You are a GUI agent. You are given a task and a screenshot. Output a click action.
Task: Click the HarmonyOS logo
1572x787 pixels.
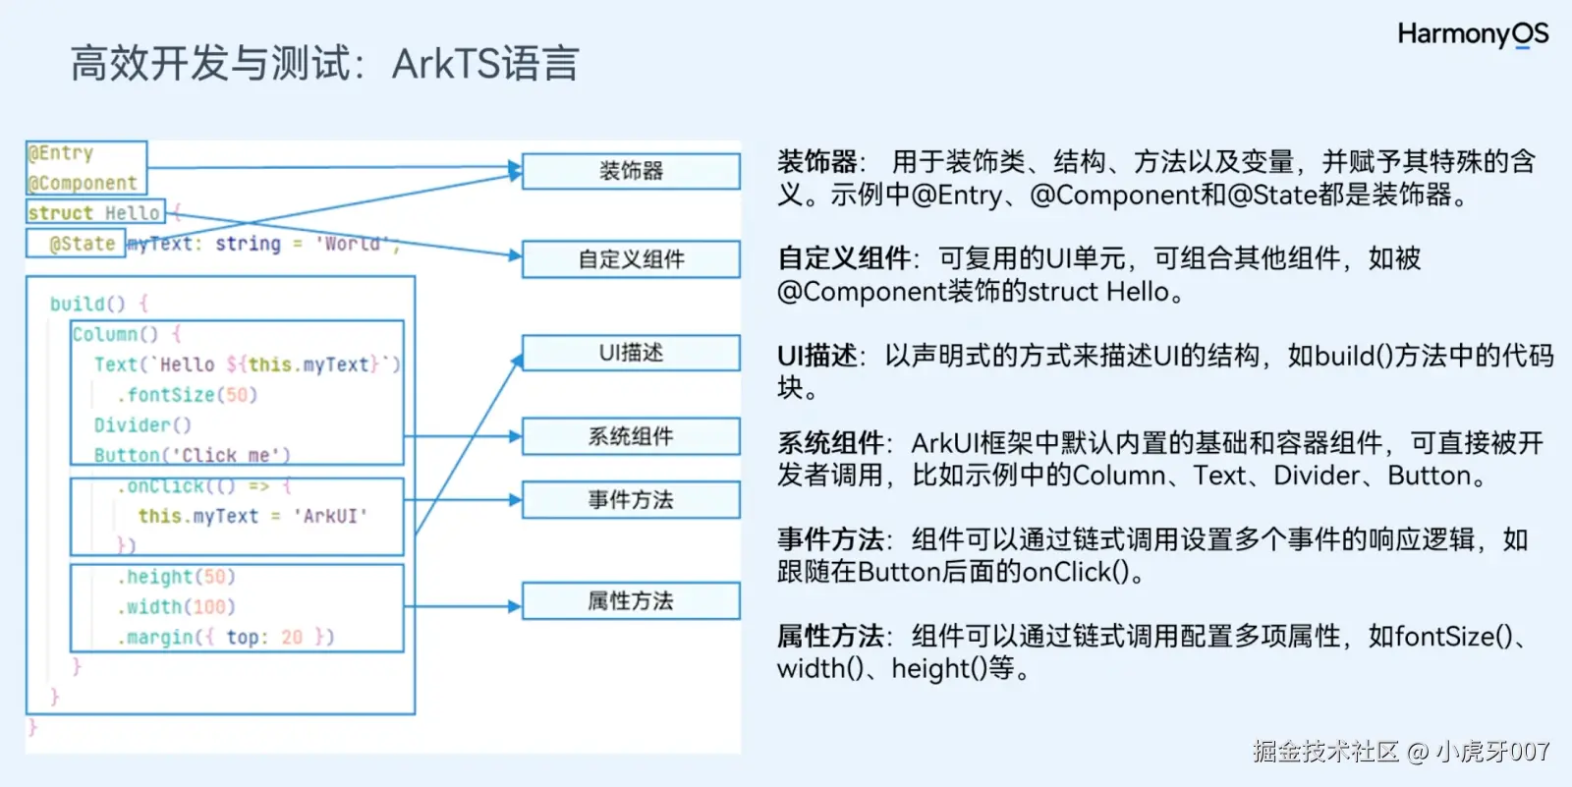coord(1472,34)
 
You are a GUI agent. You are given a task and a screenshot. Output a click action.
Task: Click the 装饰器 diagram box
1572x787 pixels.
coord(631,171)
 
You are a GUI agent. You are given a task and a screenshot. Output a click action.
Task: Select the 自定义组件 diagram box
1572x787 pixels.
coord(631,259)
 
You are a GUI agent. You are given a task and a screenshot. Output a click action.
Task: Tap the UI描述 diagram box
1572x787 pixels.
coord(631,353)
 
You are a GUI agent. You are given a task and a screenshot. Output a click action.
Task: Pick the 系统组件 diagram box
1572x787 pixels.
coord(631,436)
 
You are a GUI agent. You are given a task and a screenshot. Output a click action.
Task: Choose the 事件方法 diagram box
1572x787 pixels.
coord(631,500)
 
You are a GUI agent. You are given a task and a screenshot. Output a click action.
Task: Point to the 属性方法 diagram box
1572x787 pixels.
coord(631,601)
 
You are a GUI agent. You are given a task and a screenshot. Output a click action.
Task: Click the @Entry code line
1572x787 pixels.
coord(61,153)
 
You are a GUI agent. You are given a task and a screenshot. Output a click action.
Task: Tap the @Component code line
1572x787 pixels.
coord(83,183)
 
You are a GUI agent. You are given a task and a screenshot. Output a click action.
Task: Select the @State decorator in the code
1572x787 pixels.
coord(83,244)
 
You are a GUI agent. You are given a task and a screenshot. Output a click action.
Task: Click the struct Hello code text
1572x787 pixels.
coord(93,213)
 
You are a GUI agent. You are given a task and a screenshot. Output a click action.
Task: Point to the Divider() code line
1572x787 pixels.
coord(142,425)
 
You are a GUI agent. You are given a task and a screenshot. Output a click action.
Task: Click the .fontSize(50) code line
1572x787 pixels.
coord(187,395)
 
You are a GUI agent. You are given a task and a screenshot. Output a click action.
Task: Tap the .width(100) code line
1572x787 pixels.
coord(177,607)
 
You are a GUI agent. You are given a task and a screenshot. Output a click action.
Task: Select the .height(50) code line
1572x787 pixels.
coord(177,577)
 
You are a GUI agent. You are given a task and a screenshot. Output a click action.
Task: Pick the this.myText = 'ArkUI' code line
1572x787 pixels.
coord(253,516)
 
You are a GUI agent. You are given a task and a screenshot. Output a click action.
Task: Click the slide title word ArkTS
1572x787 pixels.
coord(446,64)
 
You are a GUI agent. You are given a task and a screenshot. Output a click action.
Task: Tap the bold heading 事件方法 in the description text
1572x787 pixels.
coord(830,539)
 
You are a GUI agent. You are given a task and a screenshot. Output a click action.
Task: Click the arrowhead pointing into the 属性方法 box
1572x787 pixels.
coord(514,606)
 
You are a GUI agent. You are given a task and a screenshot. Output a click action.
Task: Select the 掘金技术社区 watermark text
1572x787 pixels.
coord(1325,752)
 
